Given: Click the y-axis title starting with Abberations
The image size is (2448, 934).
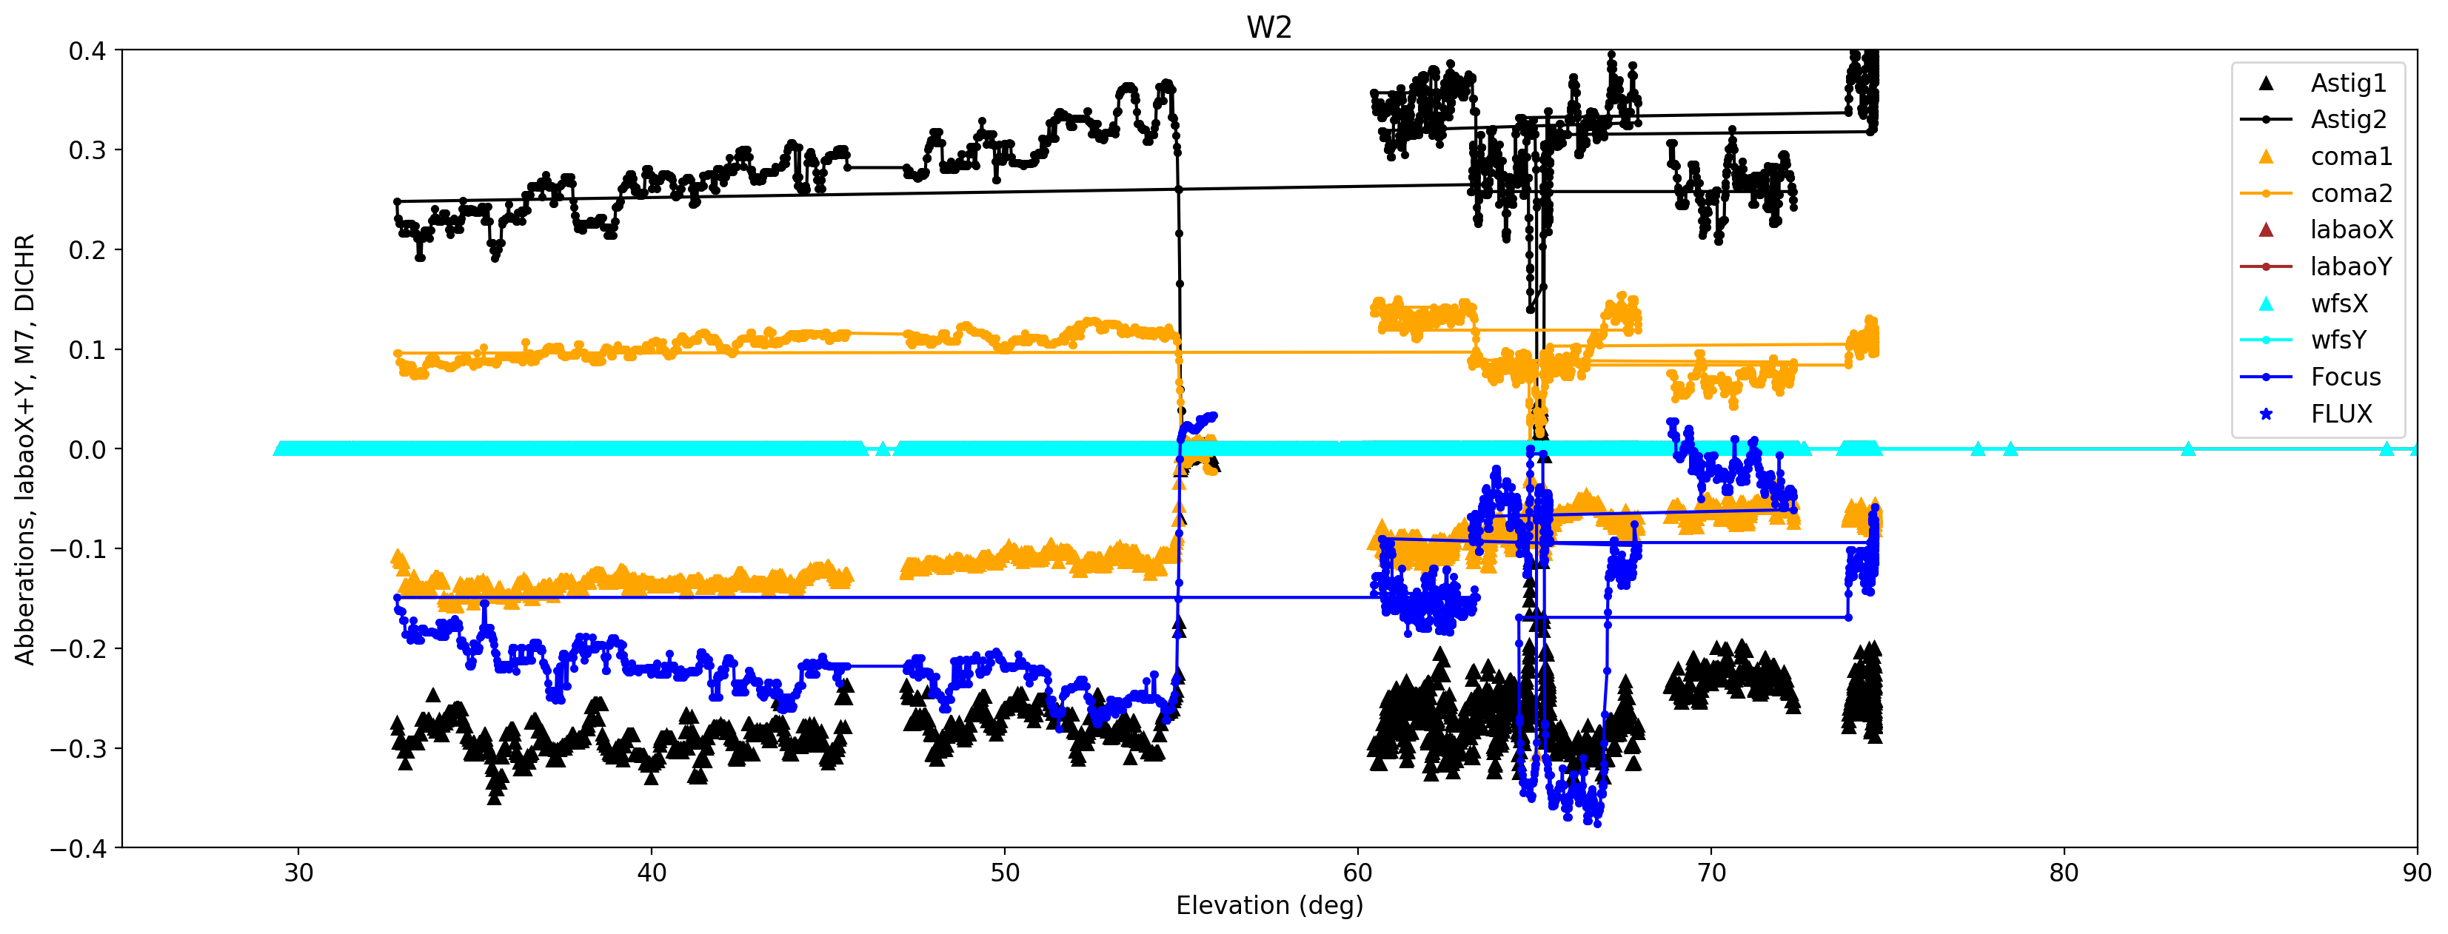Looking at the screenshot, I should pyautogui.click(x=24, y=448).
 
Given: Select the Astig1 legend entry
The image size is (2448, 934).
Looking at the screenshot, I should pyautogui.click(x=2347, y=84).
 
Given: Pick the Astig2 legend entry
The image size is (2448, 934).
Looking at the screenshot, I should pyautogui.click(x=2347, y=120).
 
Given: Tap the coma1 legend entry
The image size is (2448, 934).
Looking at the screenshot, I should pyautogui.click(x=2350, y=157).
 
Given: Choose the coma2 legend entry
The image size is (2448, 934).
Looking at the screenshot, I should pyautogui.click(x=2350, y=194).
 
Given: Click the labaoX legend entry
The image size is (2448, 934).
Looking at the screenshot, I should pyautogui.click(x=2351, y=230).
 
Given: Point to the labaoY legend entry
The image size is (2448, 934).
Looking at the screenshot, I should pyautogui.click(x=2351, y=267).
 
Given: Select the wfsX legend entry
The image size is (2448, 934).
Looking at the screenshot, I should pyautogui.click(x=2338, y=304).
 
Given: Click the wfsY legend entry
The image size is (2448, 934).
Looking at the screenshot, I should pyautogui.click(x=2338, y=340).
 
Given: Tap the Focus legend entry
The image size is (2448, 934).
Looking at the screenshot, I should pyautogui.click(x=2345, y=377).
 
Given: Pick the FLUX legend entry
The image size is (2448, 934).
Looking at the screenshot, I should pyautogui.click(x=2341, y=414).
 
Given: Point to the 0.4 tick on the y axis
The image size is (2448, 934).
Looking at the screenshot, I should pyautogui.click(x=87, y=51).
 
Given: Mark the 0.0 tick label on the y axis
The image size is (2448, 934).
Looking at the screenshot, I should pyautogui.click(x=87, y=449).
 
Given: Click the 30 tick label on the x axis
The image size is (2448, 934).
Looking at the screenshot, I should pyautogui.click(x=298, y=873).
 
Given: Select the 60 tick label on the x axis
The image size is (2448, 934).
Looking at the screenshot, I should pyautogui.click(x=1357, y=873).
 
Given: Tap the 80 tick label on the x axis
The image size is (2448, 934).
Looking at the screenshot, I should pyautogui.click(x=2063, y=873).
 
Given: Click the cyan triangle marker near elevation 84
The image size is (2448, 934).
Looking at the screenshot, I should pyautogui.click(x=2187, y=448).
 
